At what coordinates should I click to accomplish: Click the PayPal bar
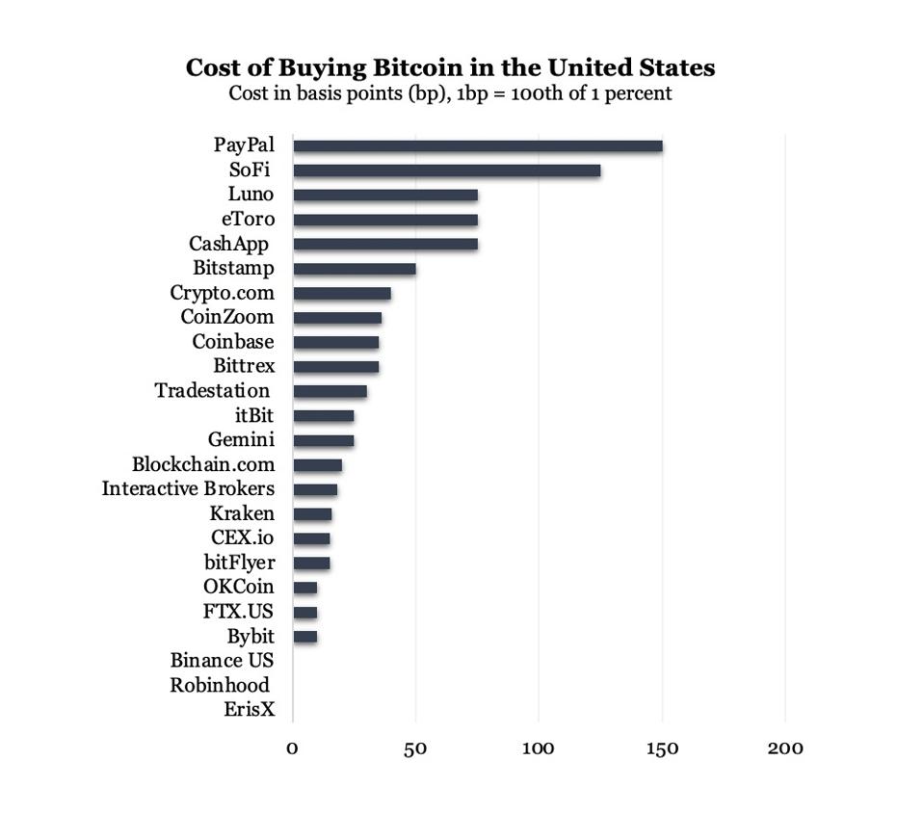(477, 146)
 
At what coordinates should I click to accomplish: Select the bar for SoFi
(446, 170)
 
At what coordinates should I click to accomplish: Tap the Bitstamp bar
(354, 269)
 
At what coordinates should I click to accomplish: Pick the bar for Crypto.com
(341, 293)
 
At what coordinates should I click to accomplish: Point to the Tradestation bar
(330, 391)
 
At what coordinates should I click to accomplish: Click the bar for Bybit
(304, 637)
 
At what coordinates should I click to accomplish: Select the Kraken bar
(312, 514)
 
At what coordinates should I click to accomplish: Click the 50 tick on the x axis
(415, 748)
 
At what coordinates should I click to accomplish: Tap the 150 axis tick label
(662, 748)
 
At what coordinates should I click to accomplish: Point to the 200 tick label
(784, 748)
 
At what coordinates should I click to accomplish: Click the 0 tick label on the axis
(292, 748)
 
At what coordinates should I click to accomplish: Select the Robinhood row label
(219, 685)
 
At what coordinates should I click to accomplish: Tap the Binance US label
(222, 661)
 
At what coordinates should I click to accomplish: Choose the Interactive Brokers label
(188, 488)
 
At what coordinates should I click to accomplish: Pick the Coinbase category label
(233, 342)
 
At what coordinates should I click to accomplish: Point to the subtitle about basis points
(450, 94)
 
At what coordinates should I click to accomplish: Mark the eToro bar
(384, 220)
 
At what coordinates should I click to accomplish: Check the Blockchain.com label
(203, 464)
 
